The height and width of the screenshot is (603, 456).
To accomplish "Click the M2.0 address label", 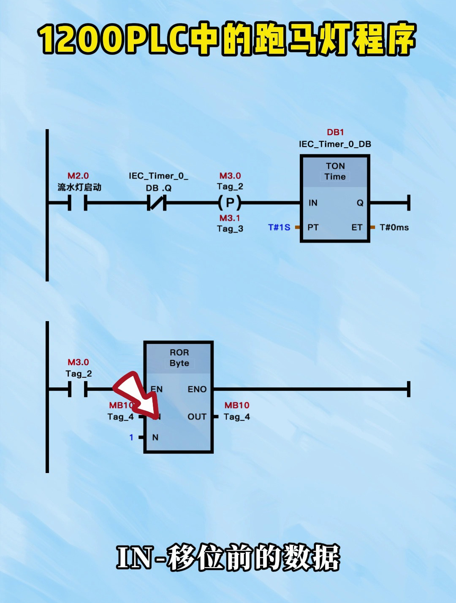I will (x=78, y=176).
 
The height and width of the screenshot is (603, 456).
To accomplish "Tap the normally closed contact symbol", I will (x=157, y=203).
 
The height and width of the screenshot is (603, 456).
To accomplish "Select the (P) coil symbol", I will (x=230, y=203).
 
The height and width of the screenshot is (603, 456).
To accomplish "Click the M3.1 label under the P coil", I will (x=230, y=218).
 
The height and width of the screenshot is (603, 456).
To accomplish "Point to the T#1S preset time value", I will (x=279, y=227).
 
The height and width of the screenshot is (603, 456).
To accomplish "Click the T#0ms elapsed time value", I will (x=394, y=227).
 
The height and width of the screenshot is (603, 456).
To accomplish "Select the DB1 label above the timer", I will (x=335, y=132).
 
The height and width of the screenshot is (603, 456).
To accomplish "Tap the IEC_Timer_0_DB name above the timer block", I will (x=335, y=144).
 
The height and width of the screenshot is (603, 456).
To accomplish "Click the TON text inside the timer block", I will (x=335, y=166).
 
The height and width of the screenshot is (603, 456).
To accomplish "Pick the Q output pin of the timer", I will (x=360, y=203).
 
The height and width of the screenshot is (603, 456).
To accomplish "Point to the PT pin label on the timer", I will (x=313, y=227).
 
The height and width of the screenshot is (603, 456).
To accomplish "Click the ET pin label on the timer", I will (x=357, y=227).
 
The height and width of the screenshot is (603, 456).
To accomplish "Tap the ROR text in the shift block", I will (x=179, y=352).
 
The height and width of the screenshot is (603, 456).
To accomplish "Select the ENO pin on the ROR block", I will (x=197, y=389).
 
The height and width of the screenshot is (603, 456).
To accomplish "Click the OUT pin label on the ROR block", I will (x=197, y=417).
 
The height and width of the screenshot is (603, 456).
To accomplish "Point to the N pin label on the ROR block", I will (x=155, y=437).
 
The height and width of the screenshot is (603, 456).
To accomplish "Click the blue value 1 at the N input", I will (x=131, y=437).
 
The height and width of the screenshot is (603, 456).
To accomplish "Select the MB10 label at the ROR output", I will (x=237, y=405).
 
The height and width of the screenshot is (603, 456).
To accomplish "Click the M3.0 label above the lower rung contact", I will (x=78, y=362).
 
